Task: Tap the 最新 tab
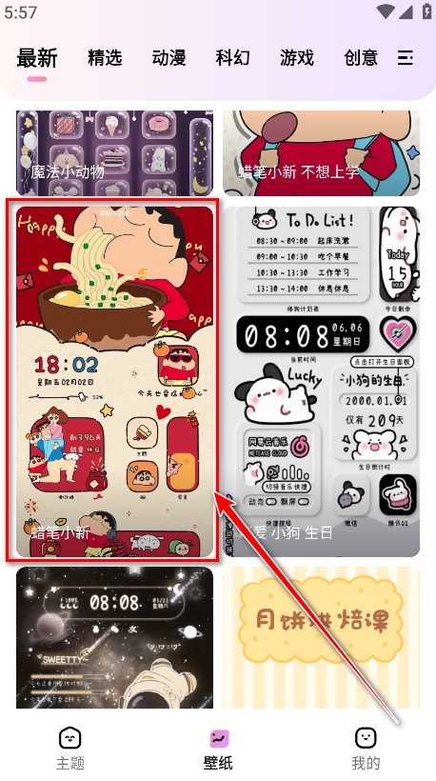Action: coord(37,58)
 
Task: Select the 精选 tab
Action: coord(105,58)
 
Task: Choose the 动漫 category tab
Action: coord(168,58)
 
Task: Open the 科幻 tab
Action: coord(232,58)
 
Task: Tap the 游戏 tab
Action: coord(297,58)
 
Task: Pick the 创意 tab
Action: coord(361,58)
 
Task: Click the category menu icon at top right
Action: coord(406,58)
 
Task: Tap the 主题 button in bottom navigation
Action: coord(70,748)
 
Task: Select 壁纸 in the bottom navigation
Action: coord(218,748)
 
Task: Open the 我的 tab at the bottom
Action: coord(366,748)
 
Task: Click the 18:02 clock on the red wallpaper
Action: coord(66,365)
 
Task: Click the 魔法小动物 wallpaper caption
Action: coord(67,173)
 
